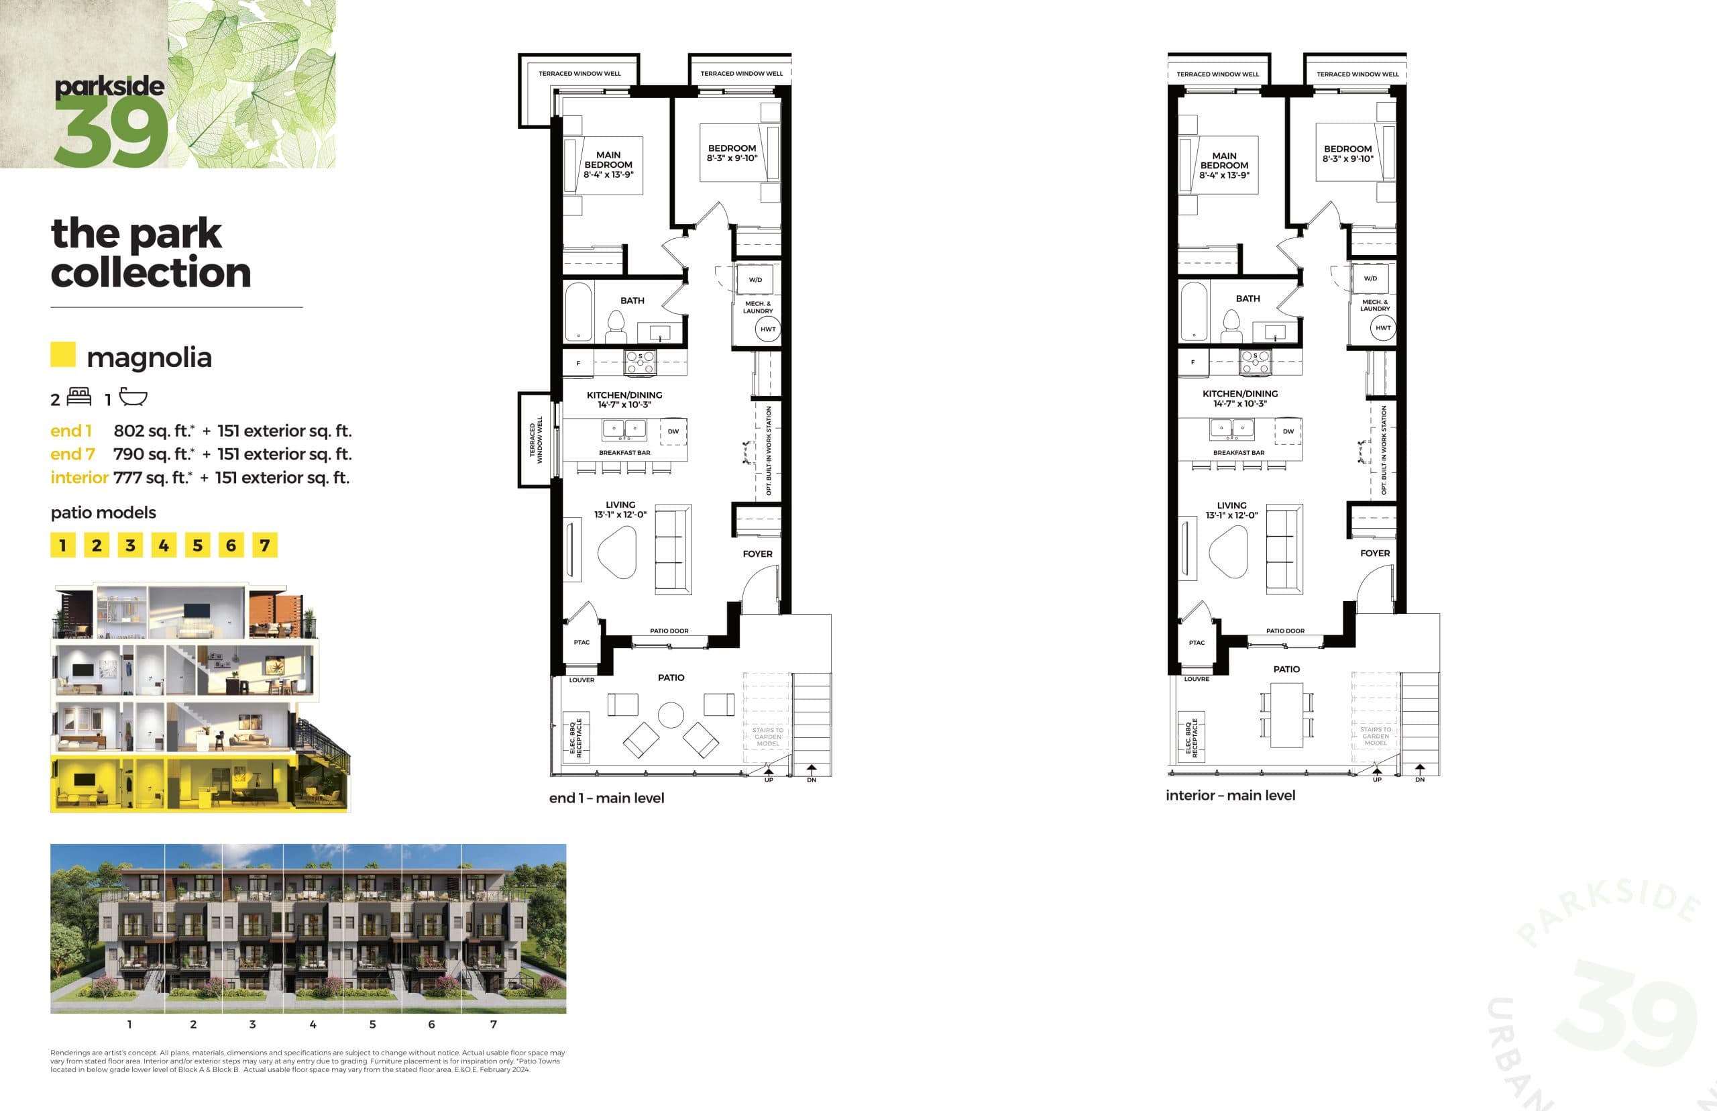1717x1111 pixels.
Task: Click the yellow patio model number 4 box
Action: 164,545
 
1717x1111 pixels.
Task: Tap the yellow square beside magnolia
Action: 63,354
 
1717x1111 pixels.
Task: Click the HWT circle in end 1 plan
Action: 768,329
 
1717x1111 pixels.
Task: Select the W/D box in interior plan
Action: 1370,278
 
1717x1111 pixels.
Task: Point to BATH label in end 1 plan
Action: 632,300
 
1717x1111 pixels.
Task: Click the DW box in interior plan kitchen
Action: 1288,431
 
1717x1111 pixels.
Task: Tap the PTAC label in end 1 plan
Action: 581,642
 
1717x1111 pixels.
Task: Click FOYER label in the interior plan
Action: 1374,553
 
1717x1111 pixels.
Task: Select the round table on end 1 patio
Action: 671,716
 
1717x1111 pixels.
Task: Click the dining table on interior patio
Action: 1286,715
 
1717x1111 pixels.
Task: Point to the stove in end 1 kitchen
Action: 640,362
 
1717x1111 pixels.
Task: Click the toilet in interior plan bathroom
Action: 1231,326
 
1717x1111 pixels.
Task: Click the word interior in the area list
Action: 79,478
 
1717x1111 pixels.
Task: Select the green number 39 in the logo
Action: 112,131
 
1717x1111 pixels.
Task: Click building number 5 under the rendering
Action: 372,1024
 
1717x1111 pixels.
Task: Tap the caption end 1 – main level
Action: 606,798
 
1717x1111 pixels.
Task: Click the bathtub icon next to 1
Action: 133,396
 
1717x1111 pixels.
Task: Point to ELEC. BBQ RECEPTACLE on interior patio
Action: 1190,737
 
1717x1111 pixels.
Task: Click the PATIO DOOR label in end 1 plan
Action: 669,631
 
